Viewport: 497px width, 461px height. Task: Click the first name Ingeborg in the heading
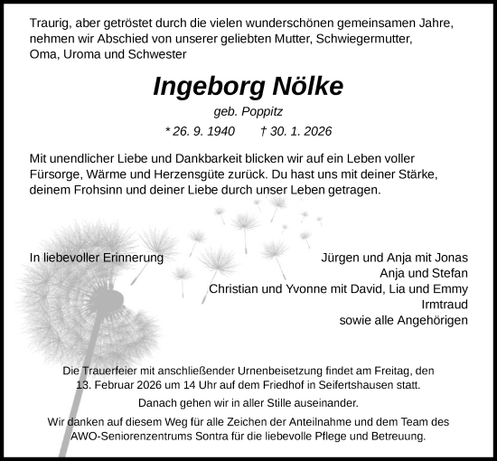point(205,87)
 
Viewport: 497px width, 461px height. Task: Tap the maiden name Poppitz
point(261,112)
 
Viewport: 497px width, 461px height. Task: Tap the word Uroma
point(78,56)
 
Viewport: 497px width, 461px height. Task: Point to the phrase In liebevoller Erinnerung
point(97,257)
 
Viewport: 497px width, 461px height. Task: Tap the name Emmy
point(450,289)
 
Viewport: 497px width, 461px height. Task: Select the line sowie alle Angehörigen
point(403,321)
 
